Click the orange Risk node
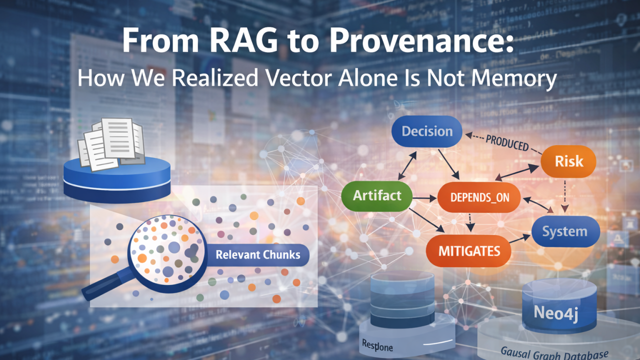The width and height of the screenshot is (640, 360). (568, 161)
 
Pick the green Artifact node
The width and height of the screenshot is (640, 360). (376, 195)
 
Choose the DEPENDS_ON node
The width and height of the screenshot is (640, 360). (479, 196)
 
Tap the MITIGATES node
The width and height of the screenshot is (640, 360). (468, 250)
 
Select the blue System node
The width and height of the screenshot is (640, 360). (564, 231)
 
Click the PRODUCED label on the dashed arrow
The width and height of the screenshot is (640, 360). (506, 142)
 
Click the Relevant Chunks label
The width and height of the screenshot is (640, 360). (257, 254)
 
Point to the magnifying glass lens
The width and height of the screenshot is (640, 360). (167, 249)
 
